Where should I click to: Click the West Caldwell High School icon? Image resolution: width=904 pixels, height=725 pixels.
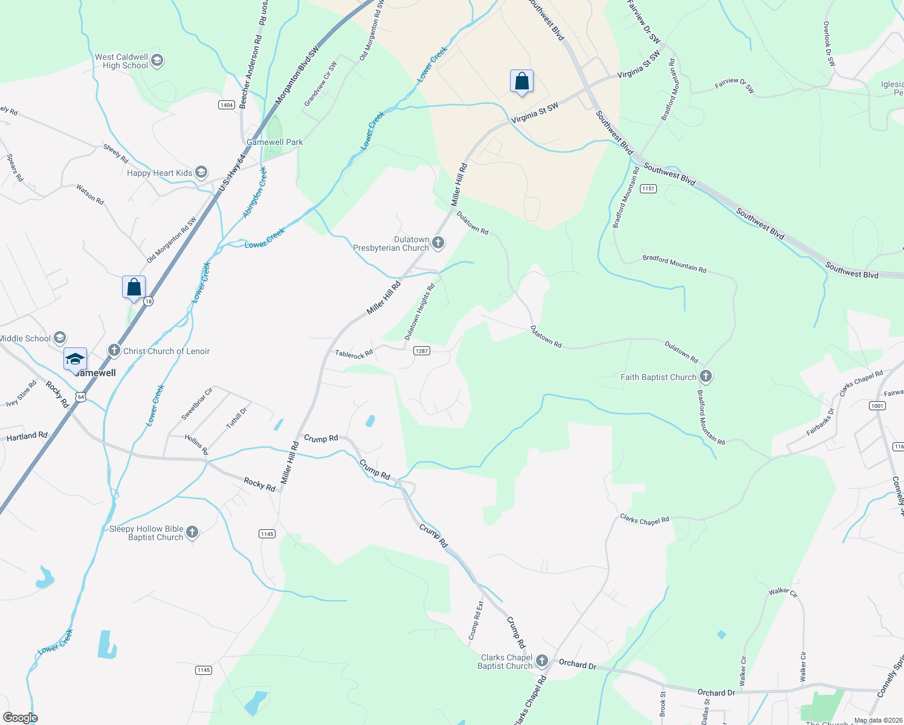157,60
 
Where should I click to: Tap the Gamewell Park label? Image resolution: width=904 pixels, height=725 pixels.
275,142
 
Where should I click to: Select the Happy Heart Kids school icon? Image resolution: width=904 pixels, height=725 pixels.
201,173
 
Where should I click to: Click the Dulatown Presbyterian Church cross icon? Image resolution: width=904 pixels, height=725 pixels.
438,243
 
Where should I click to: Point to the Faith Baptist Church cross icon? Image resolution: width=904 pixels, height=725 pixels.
705,377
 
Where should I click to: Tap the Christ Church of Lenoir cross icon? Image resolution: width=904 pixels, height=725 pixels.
114,350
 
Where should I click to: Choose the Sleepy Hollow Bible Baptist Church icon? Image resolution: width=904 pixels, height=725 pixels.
192,532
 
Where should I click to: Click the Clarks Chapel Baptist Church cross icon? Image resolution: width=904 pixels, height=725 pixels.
542,661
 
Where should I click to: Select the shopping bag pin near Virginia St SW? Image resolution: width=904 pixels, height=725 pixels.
521,82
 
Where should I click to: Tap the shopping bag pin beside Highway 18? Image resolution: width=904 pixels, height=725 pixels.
134,287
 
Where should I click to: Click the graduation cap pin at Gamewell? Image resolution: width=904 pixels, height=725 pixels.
75,359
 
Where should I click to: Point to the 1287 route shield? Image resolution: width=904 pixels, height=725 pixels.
421,350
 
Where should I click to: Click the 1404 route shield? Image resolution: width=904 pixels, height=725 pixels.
226,105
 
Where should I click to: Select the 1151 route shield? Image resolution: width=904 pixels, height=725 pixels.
648,188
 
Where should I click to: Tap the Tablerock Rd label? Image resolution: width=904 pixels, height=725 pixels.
354,354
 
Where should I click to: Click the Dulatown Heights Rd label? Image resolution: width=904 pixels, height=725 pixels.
419,312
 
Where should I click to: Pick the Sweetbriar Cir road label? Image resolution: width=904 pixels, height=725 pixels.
197,404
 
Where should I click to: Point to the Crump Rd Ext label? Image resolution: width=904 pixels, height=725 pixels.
476,620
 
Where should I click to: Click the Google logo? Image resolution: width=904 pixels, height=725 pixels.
20,717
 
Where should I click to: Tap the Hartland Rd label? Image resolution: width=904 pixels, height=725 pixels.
27,436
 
